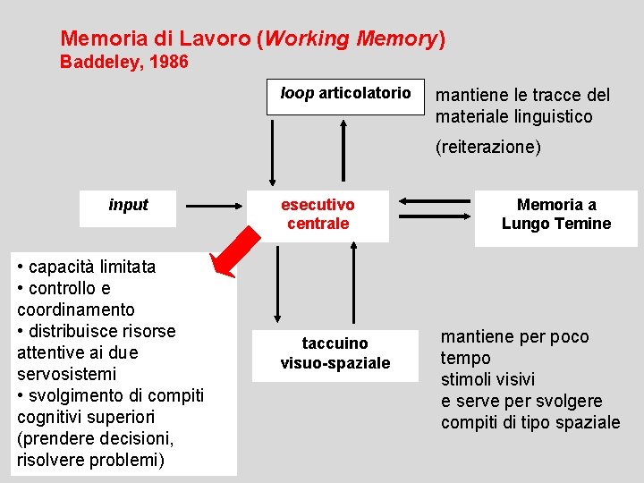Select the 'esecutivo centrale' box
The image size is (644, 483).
pyautogui.click(x=318, y=215)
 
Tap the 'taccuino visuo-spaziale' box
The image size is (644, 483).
pyautogui.click(x=335, y=353)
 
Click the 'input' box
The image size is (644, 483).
pyautogui.click(x=128, y=206)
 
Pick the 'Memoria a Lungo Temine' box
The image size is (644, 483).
pyautogui.click(x=555, y=215)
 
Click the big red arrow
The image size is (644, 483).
pyautogui.click(x=231, y=250)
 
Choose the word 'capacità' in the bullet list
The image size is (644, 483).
pyautogui.click(x=64, y=267)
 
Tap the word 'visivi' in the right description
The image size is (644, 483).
pyautogui.click(x=517, y=379)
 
